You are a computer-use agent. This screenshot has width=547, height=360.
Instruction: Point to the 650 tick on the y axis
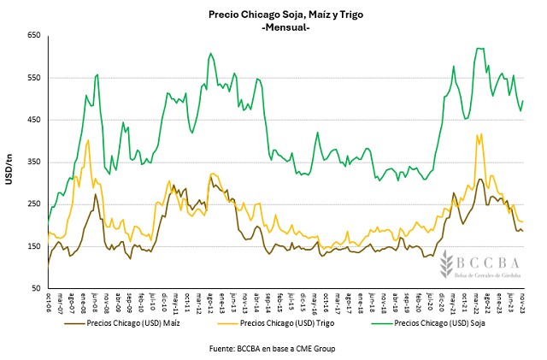(x=33, y=36)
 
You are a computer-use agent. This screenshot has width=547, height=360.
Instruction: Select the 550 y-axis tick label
(x=33, y=78)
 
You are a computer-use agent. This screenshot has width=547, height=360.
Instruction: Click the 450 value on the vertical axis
(x=33, y=120)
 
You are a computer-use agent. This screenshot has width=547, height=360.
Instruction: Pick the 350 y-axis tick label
(x=33, y=162)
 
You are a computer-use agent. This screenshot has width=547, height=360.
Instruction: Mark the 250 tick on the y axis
(x=33, y=204)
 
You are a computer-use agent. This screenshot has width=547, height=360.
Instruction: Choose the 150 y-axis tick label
(x=33, y=246)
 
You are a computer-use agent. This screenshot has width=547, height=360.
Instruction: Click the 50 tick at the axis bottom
(x=36, y=288)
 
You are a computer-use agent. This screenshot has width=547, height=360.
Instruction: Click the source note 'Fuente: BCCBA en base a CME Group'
(x=272, y=350)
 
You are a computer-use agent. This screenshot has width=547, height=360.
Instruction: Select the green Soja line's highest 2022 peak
(x=479, y=49)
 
